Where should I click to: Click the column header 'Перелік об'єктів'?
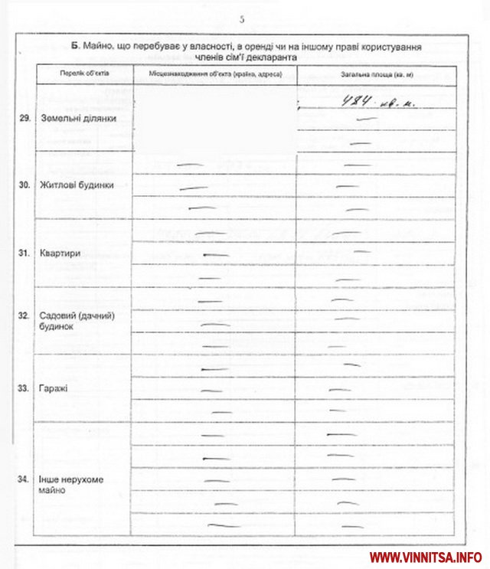[x=85, y=74]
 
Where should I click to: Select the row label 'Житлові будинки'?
[x=77, y=186]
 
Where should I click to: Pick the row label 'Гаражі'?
[x=54, y=388]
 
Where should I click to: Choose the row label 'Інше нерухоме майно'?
[x=71, y=484]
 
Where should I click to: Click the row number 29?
[x=24, y=119]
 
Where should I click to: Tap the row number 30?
[x=24, y=186]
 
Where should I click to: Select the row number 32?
[x=24, y=316]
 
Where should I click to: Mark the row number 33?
[x=24, y=388]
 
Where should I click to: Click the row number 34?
[x=24, y=479]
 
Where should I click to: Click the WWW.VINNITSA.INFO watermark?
[x=426, y=556]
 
